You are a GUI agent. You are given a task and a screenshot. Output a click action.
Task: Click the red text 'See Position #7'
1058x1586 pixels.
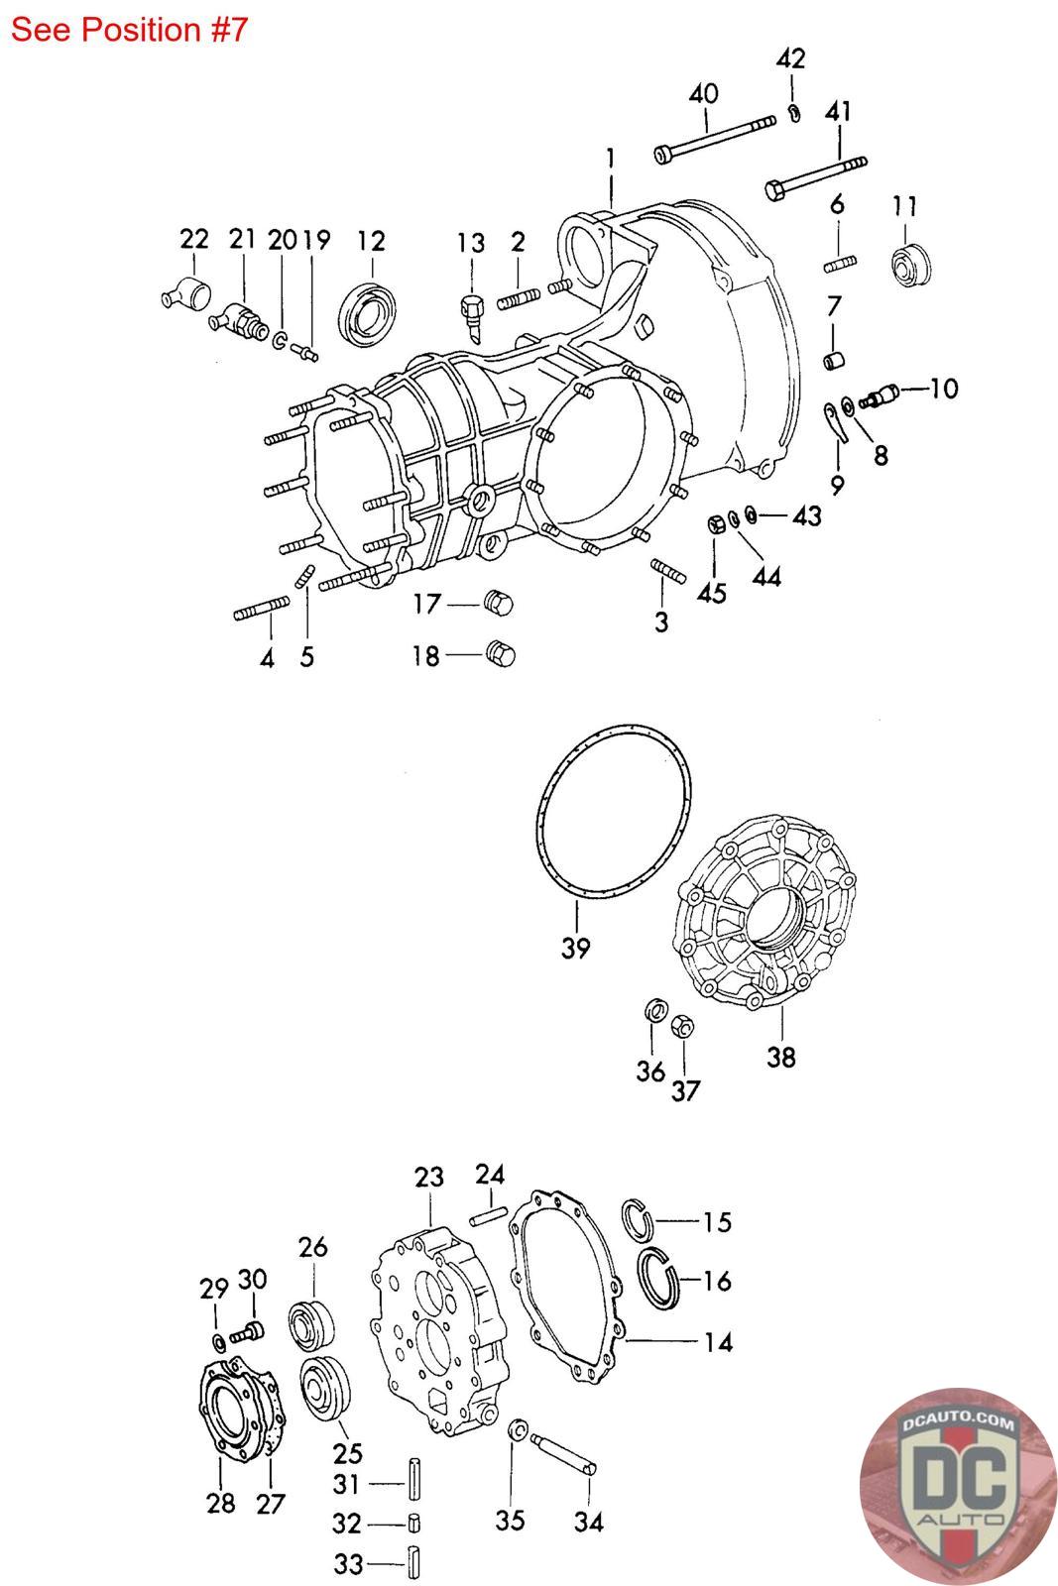coord(130,30)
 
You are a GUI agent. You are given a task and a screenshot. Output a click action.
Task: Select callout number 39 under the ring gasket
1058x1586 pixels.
coord(575,947)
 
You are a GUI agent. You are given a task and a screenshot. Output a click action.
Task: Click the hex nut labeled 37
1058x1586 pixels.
coord(681,1025)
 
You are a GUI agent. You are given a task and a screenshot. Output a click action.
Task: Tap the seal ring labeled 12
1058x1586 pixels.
coord(367,314)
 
